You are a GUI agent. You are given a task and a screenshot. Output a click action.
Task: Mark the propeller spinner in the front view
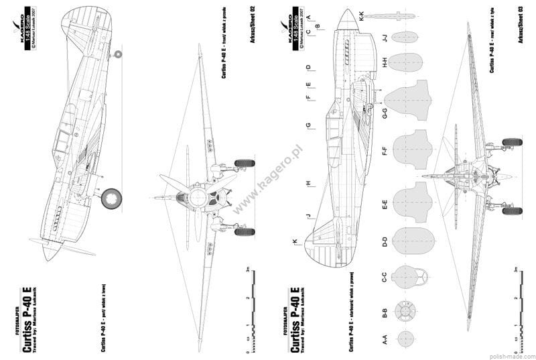coord(198,197)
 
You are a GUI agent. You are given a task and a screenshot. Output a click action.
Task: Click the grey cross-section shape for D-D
coord(409,243)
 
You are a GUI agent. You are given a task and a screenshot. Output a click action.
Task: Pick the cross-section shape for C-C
coord(408,277)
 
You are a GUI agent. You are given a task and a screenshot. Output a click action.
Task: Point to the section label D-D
coord(385,243)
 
